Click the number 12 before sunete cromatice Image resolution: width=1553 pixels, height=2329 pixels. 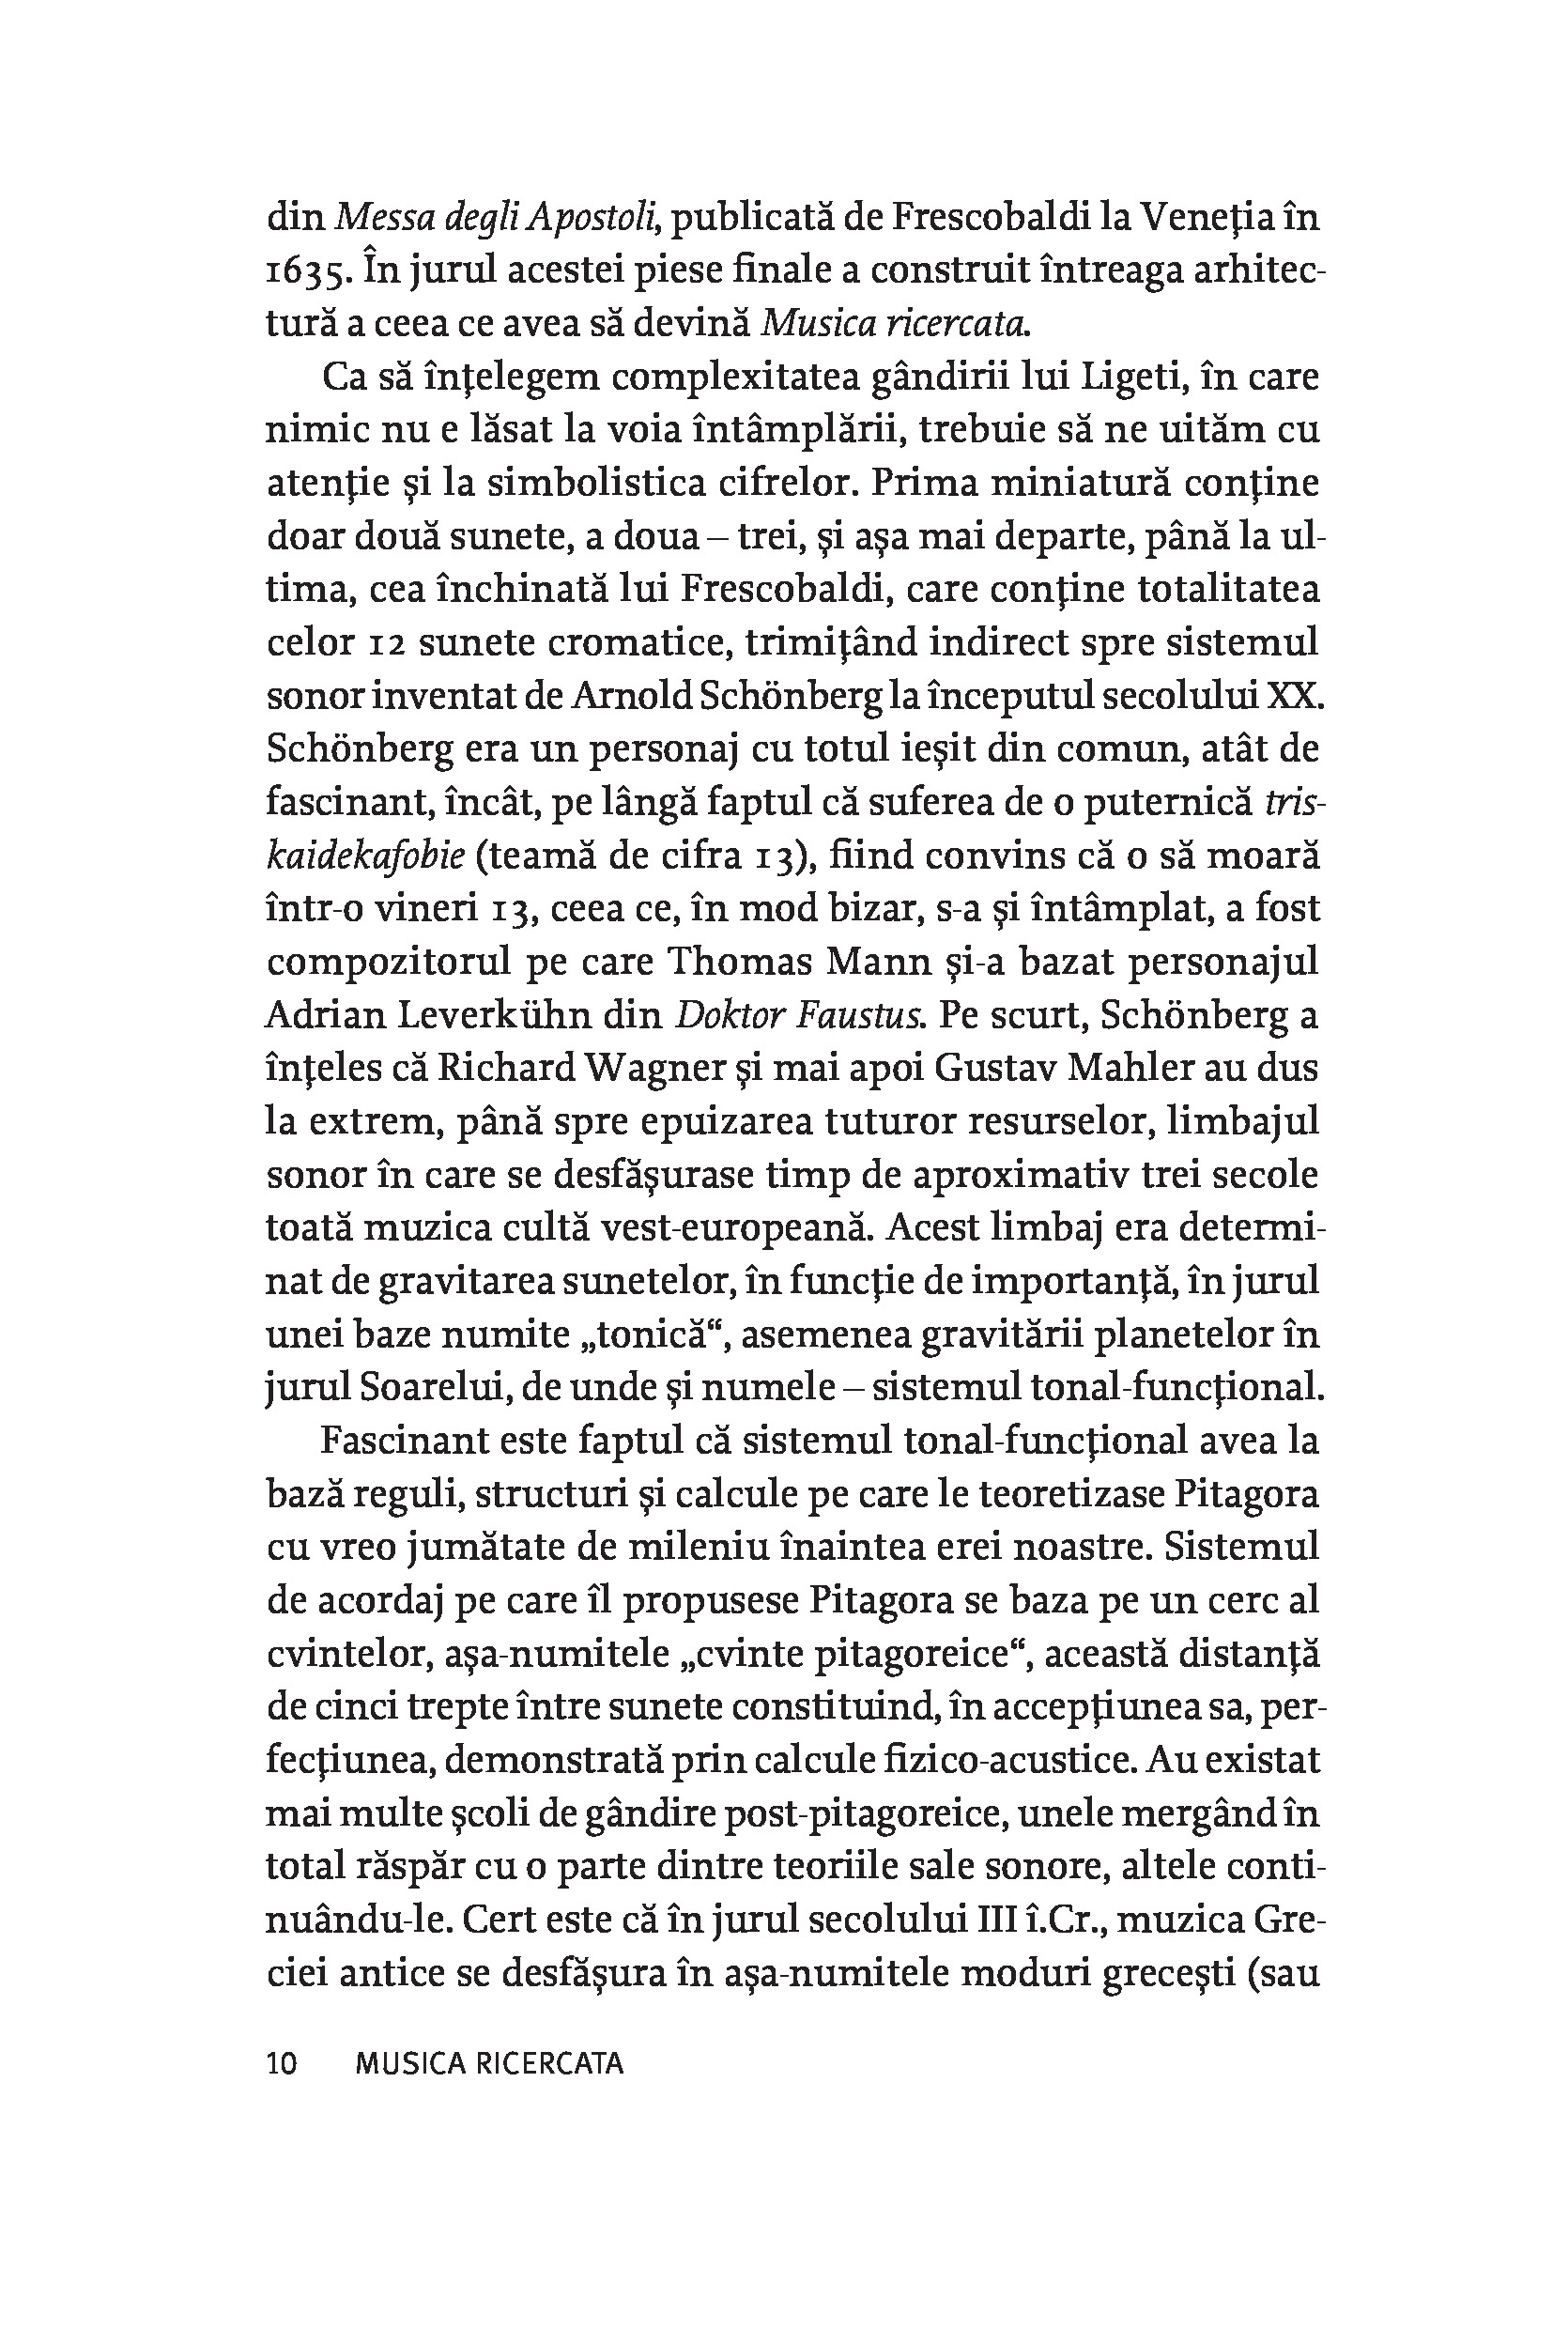click(390, 643)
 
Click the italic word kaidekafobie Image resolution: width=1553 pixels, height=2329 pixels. click(365, 856)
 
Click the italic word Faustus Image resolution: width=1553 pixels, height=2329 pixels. click(854, 1015)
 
